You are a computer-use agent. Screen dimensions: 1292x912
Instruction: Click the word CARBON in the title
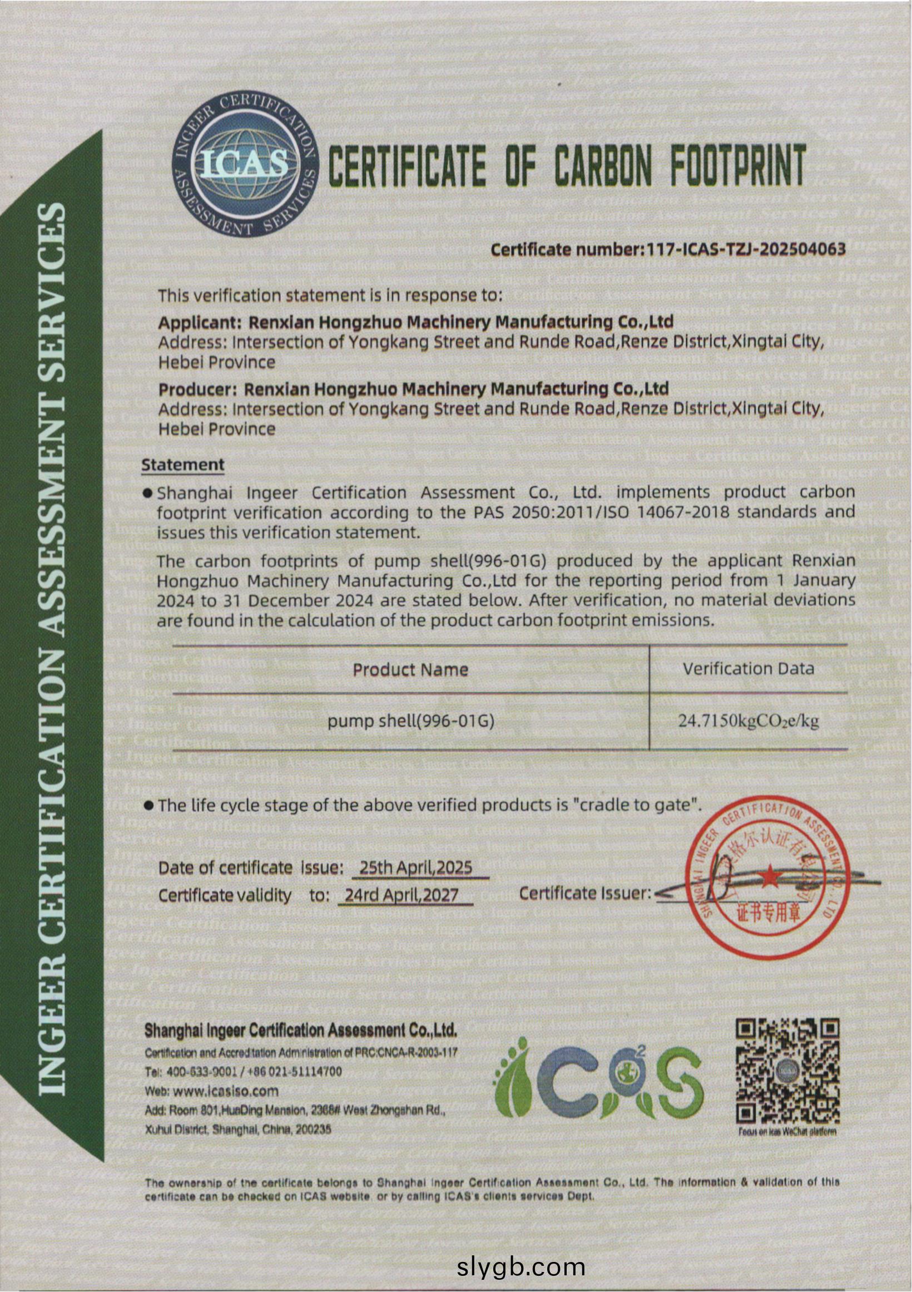604,166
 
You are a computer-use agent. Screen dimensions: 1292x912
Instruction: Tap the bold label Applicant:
200,322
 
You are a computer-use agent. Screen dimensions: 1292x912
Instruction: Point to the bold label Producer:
198,389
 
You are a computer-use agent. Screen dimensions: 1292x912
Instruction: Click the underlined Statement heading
183,465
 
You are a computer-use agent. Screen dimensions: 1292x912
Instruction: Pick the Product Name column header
410,669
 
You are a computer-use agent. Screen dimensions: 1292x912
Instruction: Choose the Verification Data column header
749,668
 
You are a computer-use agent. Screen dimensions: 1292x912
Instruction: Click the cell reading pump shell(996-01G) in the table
410,721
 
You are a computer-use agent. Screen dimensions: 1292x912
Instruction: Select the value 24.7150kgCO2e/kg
749,721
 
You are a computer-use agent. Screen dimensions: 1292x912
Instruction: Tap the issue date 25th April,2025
416,867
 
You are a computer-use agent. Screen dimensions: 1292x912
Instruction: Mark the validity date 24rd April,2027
402,895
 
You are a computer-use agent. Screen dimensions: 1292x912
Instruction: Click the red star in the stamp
768,876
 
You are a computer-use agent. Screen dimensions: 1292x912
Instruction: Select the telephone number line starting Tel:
243,1072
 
